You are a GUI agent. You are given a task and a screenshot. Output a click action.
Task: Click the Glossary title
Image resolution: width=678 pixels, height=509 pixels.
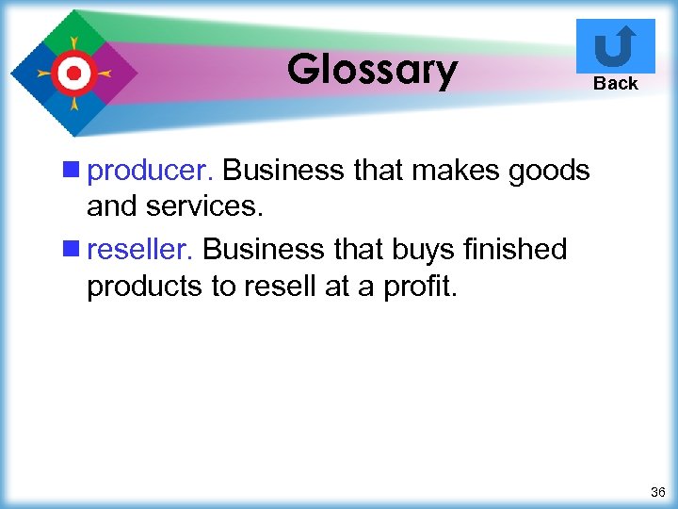pos(372,69)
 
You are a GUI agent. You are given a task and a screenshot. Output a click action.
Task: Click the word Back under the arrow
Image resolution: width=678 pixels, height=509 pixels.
pos(616,83)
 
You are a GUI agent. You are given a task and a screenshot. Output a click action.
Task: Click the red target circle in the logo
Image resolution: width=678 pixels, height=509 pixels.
pos(73,72)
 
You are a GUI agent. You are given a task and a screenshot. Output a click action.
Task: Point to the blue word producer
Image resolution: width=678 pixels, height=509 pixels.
pos(151,171)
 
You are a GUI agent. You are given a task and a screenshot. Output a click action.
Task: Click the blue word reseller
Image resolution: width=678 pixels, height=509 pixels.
pos(140,249)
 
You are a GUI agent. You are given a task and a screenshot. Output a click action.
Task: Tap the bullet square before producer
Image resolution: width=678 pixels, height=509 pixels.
pos(73,171)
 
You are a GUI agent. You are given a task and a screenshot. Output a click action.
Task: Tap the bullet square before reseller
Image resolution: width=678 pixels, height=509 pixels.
pos(73,249)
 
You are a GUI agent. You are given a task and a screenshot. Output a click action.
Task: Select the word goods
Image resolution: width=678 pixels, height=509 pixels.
pos(551,171)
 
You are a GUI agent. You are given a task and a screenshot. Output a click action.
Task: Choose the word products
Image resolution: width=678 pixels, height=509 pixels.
pos(144,284)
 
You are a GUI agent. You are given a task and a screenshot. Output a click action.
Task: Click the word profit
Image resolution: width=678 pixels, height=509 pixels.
pos(421,284)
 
